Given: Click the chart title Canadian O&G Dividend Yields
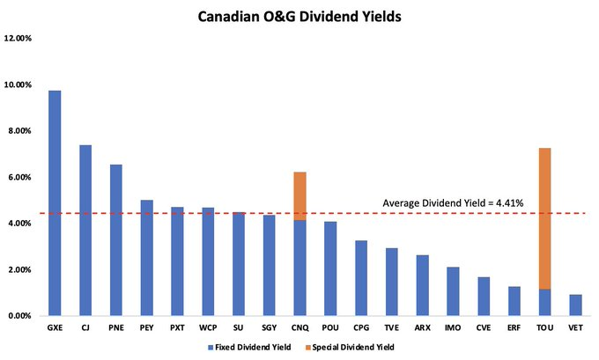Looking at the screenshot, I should pyautogui.click(x=299, y=15).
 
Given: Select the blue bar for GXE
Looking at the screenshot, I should pyautogui.click(x=55, y=202).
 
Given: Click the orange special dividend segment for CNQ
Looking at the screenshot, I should pyautogui.click(x=299, y=195).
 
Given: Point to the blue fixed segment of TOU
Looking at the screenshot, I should pyautogui.click(x=544, y=302).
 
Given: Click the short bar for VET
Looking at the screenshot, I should pyautogui.click(x=575, y=305).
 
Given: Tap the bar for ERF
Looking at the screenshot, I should pyautogui.click(x=514, y=301).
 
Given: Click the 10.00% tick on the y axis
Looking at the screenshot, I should pyautogui.click(x=18, y=85).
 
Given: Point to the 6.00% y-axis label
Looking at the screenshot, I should pyautogui.click(x=20, y=178).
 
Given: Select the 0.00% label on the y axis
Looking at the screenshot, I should pyautogui.click(x=20, y=316).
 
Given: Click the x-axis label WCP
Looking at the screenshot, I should pyautogui.click(x=208, y=328).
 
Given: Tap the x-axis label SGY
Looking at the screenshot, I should pyautogui.click(x=270, y=328).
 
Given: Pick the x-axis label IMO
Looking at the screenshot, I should pyautogui.click(x=453, y=328).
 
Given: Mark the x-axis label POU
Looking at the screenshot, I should pyautogui.click(x=330, y=328).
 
